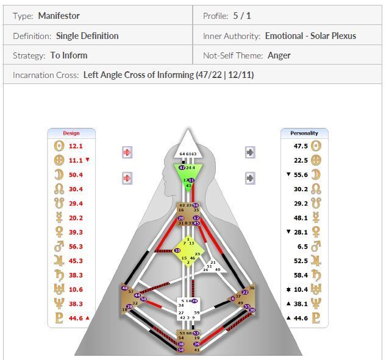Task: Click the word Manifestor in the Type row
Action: [59, 16]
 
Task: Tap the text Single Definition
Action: [87, 36]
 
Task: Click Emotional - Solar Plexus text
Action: [310, 36]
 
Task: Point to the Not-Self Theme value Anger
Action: [279, 55]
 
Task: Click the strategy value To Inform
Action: [69, 55]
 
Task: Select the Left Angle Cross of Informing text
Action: [168, 76]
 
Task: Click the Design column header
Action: [71, 133]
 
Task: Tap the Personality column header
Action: [304, 133]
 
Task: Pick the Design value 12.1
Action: [75, 146]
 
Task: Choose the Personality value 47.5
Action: [300, 146]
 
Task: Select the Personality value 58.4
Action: [300, 275]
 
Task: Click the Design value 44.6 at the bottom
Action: [75, 317]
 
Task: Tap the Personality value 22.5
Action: [300, 160]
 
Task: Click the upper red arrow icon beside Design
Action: [127, 152]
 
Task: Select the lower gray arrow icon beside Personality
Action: [250, 178]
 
